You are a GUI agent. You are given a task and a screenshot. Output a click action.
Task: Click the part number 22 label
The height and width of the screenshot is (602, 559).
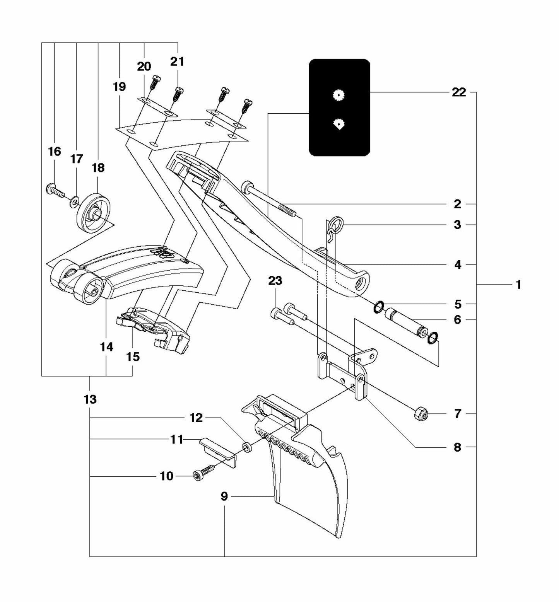pos(459,93)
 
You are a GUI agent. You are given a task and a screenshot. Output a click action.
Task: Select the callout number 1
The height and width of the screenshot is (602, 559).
pos(518,285)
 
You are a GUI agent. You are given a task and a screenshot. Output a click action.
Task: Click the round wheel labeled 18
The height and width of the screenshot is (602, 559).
pos(94,213)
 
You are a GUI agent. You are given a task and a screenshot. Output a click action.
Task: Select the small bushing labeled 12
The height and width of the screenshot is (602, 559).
pos(246,448)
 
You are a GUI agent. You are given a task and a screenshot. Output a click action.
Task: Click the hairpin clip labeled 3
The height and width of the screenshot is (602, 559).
pos(333,228)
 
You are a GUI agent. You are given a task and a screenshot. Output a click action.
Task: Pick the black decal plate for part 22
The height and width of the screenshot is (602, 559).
pos(339,107)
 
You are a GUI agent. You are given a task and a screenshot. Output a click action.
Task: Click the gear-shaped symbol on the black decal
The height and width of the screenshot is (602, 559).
pos(339,95)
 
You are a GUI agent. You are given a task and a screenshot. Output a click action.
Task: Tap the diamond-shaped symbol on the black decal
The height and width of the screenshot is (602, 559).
pos(339,124)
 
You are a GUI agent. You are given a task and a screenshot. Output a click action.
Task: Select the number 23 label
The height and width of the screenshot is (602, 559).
pos(275,281)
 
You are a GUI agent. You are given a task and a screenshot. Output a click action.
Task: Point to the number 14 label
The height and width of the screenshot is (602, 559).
pos(106,347)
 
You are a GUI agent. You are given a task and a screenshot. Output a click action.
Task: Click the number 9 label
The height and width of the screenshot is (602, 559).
pos(224,496)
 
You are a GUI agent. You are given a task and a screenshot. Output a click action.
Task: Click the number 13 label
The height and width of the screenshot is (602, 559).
pos(90,399)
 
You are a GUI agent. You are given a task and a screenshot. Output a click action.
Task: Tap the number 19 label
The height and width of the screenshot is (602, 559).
pos(119,87)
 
